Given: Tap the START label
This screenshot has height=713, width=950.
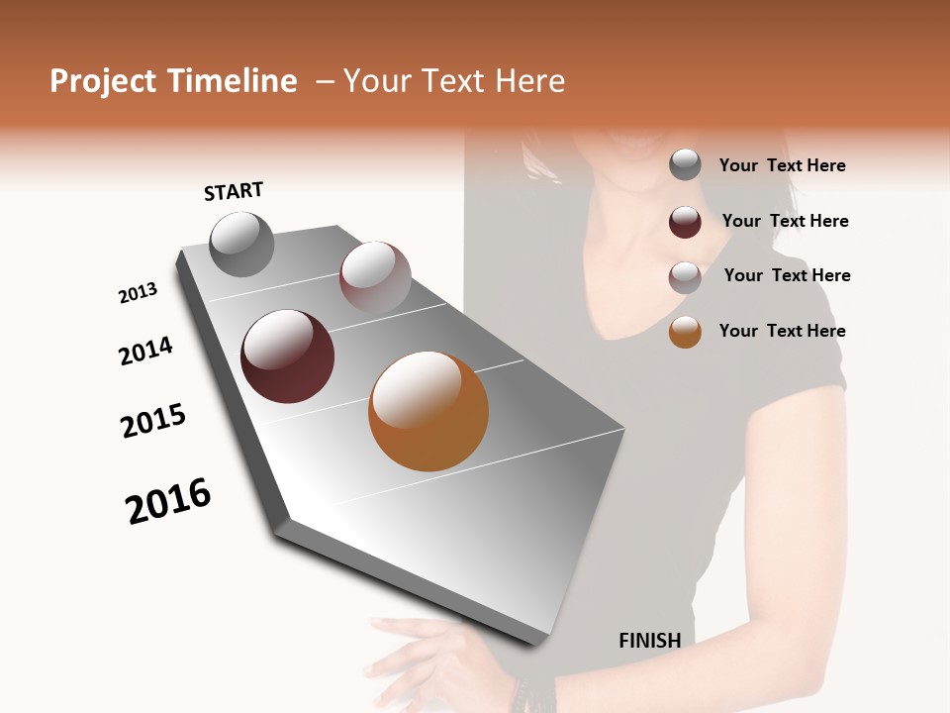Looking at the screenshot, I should tap(234, 191).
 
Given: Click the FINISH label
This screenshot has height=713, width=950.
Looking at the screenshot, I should tap(649, 641).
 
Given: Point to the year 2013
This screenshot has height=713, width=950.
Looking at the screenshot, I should tap(138, 293).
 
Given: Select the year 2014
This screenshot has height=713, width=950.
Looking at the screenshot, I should tap(145, 352).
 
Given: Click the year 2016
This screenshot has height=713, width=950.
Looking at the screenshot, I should tap(168, 501).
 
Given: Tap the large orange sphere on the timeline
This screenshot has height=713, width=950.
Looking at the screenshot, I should tap(428, 411).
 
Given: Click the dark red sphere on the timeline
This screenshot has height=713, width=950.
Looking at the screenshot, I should tap(287, 356).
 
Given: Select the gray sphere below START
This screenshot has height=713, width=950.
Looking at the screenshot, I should tap(241, 244).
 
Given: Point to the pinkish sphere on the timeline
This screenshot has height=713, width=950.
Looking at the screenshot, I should tap(375, 276).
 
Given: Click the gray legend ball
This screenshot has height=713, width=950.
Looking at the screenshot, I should tap(685, 165).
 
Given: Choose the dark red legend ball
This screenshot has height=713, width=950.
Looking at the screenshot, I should tap(685, 222).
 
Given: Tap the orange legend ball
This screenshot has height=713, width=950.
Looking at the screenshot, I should tap(685, 332).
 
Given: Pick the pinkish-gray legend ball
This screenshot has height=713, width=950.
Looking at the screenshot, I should tap(685, 277).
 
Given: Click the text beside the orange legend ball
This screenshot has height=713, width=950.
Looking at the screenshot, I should tap(782, 331).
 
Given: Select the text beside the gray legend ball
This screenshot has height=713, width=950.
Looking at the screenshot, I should tap(782, 165).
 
